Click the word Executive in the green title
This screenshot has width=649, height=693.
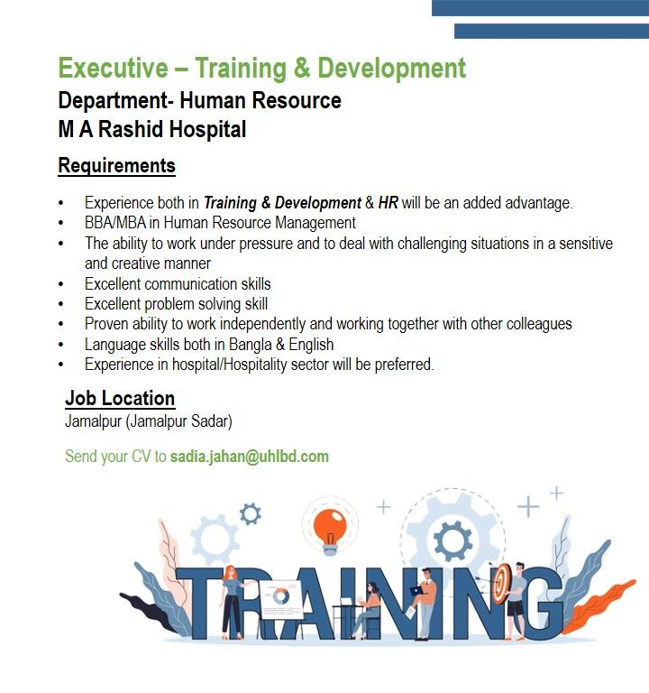click(x=113, y=68)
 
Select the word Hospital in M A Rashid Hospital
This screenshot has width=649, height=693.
click(x=207, y=129)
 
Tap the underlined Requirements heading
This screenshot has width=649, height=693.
click(x=116, y=166)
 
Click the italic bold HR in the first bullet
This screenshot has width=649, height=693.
click(x=388, y=203)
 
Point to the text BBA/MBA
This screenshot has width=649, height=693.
click(x=115, y=223)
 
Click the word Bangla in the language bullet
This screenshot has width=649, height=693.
click(x=251, y=345)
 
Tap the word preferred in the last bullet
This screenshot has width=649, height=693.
click(x=404, y=365)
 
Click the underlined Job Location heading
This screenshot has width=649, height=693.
click(x=120, y=398)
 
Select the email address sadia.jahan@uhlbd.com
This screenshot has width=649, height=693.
click(x=250, y=457)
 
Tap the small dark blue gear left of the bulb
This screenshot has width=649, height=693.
click(x=250, y=514)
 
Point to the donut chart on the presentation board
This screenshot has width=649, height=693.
click(x=280, y=596)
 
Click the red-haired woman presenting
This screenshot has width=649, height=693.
click(x=232, y=602)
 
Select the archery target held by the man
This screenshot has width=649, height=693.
click(x=502, y=584)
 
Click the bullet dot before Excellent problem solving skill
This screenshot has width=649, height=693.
click(x=61, y=304)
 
